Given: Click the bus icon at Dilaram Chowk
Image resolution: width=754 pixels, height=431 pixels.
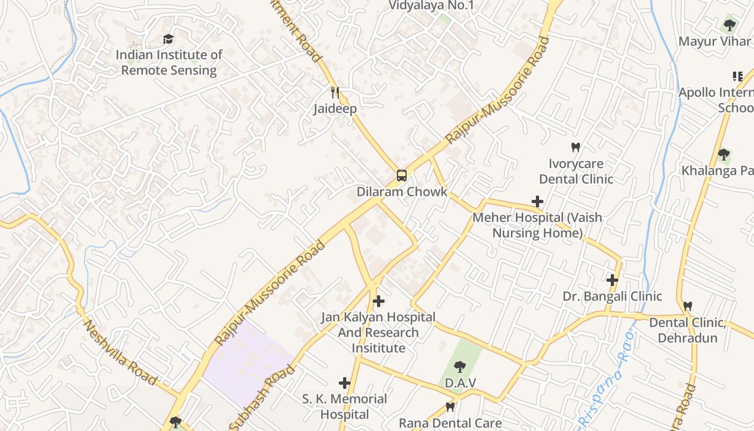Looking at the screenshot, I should coord(401,175).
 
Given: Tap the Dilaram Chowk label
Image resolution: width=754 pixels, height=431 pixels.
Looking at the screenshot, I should coord(402,192).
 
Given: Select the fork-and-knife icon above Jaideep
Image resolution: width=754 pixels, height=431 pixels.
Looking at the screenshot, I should coord(336,93).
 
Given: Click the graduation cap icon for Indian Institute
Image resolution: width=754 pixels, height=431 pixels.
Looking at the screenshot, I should coord(169,39).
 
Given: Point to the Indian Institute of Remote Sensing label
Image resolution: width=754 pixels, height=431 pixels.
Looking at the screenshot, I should coord(169,62).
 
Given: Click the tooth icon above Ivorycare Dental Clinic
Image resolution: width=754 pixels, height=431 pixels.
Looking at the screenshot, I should coord(576,147).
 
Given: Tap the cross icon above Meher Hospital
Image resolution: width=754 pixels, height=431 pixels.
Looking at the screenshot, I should coord(537,201).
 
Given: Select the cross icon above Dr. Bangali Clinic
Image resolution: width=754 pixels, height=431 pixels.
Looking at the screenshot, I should coord(612,280).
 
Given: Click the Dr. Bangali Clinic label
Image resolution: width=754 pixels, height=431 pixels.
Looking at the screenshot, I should coord(612,296).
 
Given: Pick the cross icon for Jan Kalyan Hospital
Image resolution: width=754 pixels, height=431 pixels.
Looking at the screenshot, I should coord(379,301).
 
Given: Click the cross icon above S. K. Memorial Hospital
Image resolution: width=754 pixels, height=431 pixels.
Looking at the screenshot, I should coord(345,383).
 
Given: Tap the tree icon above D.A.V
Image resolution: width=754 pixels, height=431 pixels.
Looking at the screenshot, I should coord(459,367).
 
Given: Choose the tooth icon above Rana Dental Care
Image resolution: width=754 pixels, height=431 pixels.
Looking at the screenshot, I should coord(450,407).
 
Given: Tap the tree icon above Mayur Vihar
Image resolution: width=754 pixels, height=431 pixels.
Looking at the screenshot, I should coord(729,25).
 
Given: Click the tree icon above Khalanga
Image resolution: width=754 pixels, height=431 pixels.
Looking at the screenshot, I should coord(723,155).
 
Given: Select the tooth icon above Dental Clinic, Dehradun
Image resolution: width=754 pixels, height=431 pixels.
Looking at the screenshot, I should coord(687,306).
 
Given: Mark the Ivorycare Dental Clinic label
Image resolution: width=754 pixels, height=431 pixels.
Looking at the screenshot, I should coord(576,171).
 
